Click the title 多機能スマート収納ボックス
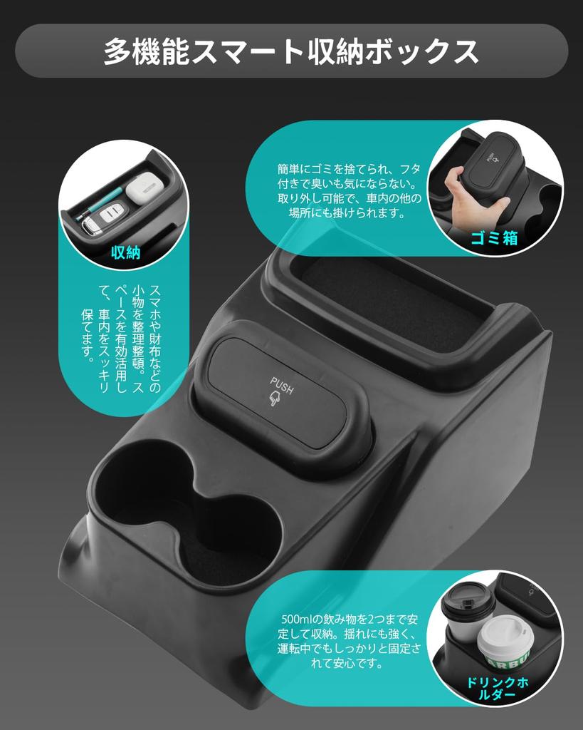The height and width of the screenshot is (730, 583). (x=291, y=51)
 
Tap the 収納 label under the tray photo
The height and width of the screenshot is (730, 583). (x=125, y=252)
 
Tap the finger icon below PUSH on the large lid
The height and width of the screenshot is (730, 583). (x=274, y=400)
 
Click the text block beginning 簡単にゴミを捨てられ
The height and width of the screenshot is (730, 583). (x=349, y=191)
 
